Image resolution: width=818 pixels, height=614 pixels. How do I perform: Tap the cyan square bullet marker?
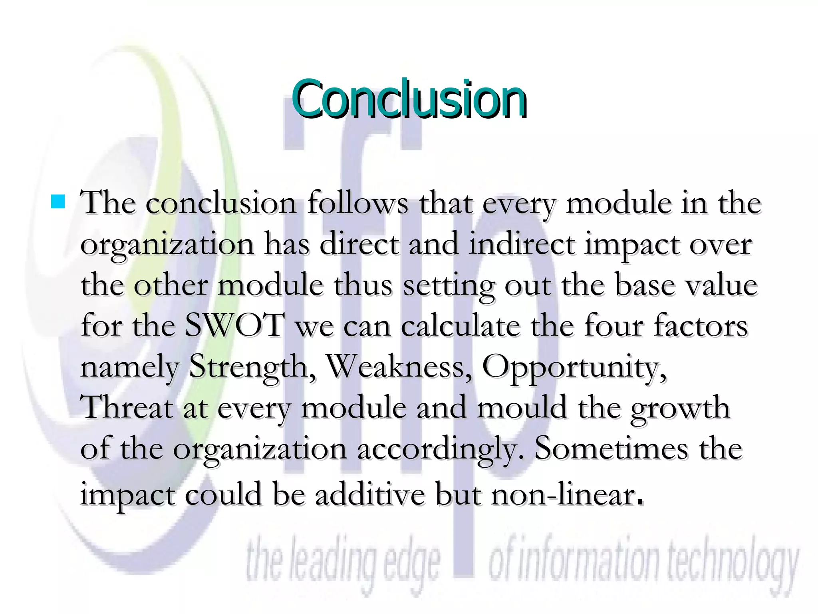click(58, 202)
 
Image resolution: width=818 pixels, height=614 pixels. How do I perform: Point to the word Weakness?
click(399, 367)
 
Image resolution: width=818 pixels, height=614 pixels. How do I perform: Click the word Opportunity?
click(574, 367)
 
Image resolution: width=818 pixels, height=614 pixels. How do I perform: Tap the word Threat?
click(127, 408)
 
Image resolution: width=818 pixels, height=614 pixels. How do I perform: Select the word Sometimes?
click(611, 449)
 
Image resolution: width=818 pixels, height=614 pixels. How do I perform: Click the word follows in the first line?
click(358, 203)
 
